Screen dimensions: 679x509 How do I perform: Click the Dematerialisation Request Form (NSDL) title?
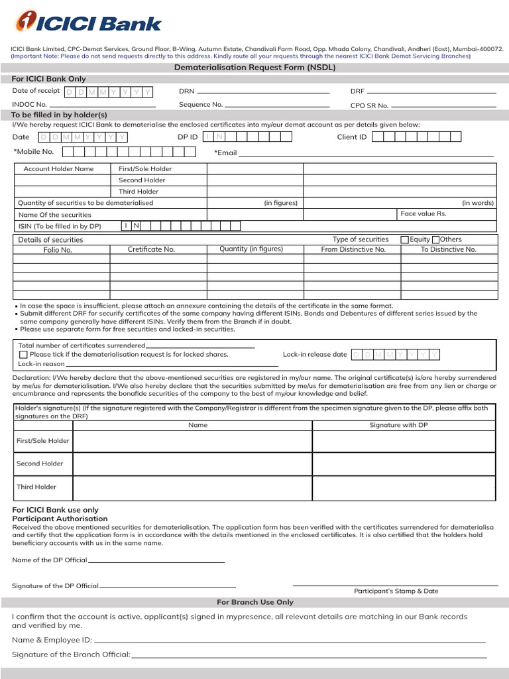point(254,68)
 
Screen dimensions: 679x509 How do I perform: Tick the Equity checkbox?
point(404,239)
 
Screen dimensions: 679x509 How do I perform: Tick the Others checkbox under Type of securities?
point(435,239)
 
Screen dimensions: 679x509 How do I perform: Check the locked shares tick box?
point(23,355)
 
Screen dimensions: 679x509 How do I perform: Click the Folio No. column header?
point(58,250)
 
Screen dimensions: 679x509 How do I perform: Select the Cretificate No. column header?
point(151,249)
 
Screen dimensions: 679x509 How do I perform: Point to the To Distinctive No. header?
point(448,249)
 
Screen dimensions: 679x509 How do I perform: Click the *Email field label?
point(225,153)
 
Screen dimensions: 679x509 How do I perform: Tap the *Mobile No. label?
point(34,152)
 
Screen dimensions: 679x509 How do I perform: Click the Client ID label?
point(351,137)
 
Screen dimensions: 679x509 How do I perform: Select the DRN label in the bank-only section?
point(186,91)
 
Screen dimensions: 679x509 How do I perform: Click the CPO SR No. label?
point(369,105)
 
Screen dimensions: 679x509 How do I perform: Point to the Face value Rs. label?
point(424,214)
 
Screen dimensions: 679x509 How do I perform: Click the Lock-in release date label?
point(315,355)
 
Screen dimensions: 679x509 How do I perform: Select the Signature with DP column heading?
point(398,425)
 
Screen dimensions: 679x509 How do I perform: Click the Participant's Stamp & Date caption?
point(396,591)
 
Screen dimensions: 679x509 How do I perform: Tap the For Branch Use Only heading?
point(255,602)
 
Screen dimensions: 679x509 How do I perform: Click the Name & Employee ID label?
point(52,640)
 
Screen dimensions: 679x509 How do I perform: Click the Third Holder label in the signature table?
point(36,487)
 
